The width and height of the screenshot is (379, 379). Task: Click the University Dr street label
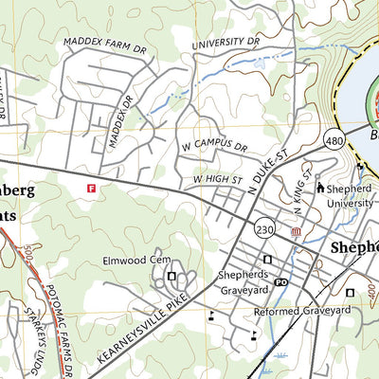[226, 43]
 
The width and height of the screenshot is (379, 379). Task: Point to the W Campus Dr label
[212, 148]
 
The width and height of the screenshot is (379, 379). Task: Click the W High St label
[218, 177]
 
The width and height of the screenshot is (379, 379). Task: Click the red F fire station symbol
[92, 189]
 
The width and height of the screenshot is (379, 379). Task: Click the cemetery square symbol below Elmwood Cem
[171, 276]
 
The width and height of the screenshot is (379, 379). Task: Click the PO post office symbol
[280, 281]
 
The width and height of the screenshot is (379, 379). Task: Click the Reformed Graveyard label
[302, 310]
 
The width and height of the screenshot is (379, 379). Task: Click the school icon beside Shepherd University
[320, 188]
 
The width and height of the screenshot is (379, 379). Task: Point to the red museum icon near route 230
[296, 231]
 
